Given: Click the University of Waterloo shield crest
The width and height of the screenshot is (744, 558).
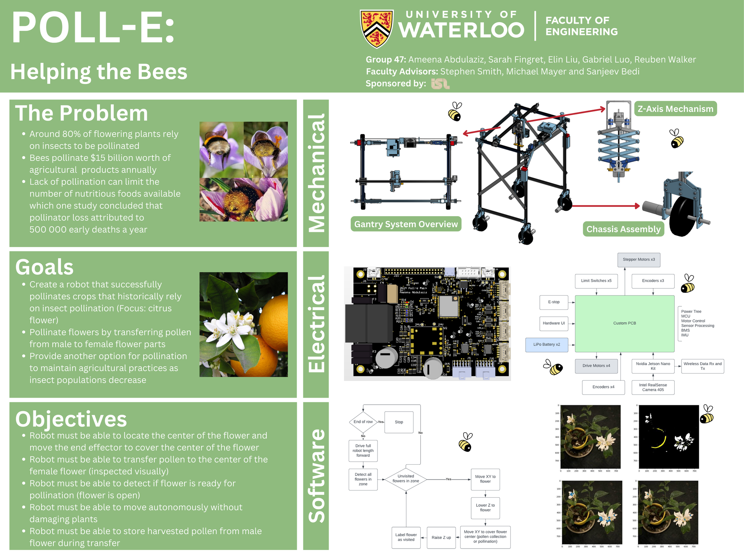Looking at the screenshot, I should [377, 29].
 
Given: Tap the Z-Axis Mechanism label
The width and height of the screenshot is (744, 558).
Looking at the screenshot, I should [675, 109].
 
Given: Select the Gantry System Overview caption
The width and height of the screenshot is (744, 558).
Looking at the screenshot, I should [406, 224].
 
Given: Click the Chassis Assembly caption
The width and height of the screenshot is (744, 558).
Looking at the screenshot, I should [623, 229].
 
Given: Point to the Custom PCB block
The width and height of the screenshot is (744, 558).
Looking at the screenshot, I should [624, 323].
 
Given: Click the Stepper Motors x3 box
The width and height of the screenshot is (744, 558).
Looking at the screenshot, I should [639, 260].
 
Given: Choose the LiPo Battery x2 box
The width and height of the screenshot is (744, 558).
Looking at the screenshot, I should [546, 344].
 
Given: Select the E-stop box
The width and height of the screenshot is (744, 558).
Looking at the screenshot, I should [554, 302].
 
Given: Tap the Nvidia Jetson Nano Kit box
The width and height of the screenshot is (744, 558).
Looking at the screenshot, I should [653, 366].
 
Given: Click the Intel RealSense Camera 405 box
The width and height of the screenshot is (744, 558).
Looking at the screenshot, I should [653, 387].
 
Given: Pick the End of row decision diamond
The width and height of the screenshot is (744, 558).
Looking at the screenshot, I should [363, 422].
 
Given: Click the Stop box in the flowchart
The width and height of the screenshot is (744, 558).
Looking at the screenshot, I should [399, 422].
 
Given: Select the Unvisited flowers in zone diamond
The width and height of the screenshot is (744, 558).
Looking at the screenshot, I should [406, 479].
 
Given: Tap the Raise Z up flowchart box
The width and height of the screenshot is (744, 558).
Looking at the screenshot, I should [441, 538].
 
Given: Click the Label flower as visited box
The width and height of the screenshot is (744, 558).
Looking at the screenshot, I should [406, 537].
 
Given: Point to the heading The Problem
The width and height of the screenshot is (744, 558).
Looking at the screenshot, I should [81, 113].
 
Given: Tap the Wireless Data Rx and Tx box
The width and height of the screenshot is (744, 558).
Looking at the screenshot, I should [703, 366].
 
